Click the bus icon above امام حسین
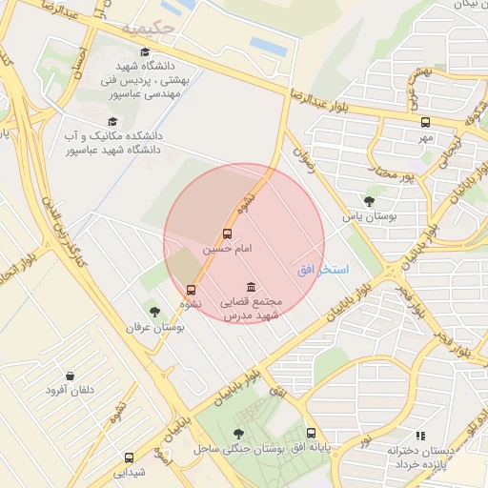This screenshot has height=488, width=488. [x=227, y=234]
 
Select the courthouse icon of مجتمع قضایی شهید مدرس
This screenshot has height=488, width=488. [x=251, y=288]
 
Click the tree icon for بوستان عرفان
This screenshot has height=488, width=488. [x=153, y=312]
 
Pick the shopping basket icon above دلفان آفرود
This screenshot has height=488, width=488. [x=69, y=376]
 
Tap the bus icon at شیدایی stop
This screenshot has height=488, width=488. [x=129, y=457]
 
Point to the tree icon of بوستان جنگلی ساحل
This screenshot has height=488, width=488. [x=238, y=434]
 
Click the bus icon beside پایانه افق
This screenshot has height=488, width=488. [x=311, y=434]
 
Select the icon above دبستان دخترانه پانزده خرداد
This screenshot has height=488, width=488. [x=421, y=436]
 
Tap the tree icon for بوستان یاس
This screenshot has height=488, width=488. [x=369, y=201]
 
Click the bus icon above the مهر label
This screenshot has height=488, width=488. [x=425, y=122]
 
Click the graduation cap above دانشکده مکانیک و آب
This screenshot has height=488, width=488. [x=112, y=121]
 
